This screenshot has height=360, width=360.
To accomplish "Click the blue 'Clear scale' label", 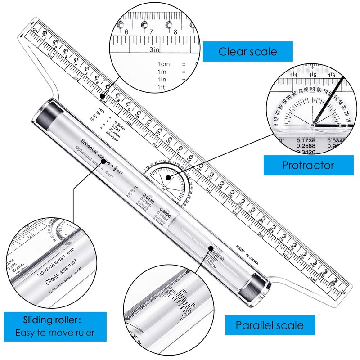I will click(x=247, y=52).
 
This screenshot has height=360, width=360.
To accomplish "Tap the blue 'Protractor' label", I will click(x=308, y=165).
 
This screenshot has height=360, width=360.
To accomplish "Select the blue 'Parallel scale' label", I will click(x=270, y=325).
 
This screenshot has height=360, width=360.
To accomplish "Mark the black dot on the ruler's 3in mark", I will click(x=103, y=96).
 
